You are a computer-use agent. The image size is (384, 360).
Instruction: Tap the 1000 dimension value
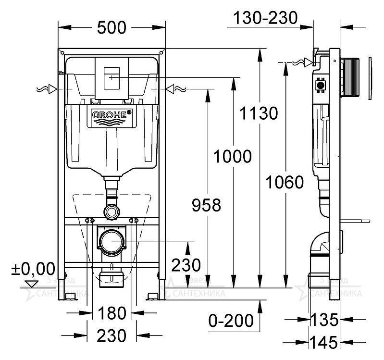coord(233,156)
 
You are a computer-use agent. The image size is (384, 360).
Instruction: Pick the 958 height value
coord(206,205)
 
